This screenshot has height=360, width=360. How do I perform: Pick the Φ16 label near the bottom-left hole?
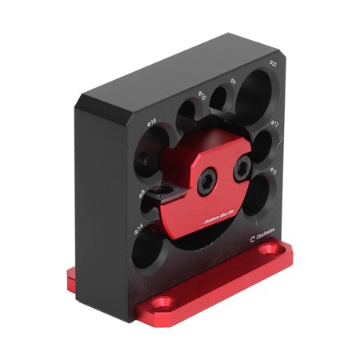pos(138,228)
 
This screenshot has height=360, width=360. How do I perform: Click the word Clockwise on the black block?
pos(262,236)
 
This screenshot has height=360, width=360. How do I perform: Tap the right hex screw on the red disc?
pos(242,169)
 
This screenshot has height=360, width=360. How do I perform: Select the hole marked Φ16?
pos(146,250)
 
